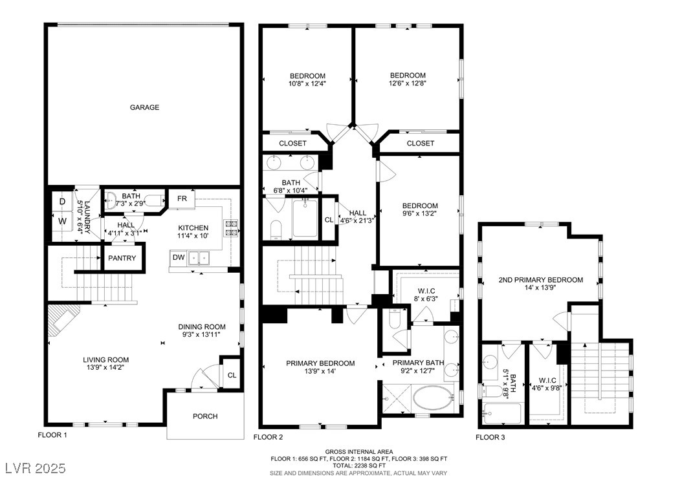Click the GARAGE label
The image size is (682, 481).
point(144,107)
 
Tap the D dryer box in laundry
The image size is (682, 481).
point(62,202)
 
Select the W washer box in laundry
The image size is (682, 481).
point(62,221)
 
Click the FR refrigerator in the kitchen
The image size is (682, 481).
point(182,198)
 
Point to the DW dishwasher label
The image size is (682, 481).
point(179,257)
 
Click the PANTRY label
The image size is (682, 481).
point(122,258)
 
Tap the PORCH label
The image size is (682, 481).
point(205,416)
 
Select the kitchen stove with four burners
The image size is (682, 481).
point(231,228)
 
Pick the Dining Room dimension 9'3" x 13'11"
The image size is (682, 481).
point(201,335)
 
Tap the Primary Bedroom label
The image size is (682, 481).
point(320,363)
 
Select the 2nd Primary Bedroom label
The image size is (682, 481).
point(541,280)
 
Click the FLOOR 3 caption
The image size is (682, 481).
point(490,437)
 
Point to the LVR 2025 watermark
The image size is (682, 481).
point(36,468)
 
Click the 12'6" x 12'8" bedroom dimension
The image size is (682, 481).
point(408,83)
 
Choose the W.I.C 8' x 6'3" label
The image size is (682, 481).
point(426,295)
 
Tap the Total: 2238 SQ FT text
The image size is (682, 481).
point(358,465)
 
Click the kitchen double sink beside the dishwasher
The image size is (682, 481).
point(199,258)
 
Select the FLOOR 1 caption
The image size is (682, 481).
point(52,435)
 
